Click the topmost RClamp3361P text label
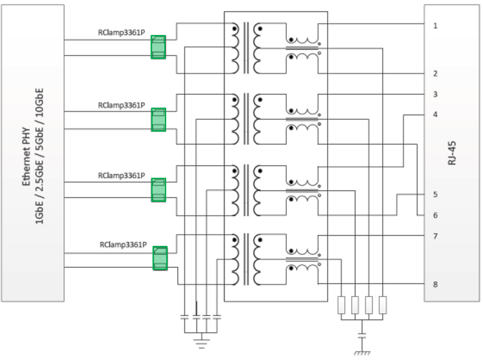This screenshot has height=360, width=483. point(121,32)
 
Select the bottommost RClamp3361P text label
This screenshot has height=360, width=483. point(123,245)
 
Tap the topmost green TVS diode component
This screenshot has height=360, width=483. point(158,47)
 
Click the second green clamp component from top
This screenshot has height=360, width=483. point(158,120)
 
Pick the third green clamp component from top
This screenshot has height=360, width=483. point(158,190)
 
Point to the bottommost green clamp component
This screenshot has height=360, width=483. point(160,258)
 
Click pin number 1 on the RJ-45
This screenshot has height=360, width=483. point(435,26)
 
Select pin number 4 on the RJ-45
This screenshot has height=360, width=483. point(435,114)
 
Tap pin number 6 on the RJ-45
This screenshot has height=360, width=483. point(435,215)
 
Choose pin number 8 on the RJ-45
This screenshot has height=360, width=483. point(435,285)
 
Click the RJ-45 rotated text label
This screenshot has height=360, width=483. point(452,153)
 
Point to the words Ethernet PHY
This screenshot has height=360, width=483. point(27,156)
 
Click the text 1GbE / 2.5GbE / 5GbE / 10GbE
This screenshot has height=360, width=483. point(39,156)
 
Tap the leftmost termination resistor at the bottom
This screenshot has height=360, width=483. point(341,305)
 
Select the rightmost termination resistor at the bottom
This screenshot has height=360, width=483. point(382,305)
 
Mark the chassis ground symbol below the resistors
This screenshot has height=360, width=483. point(362,353)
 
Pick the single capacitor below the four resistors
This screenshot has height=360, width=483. point(362,335)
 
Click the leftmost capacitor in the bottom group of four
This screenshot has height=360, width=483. point(184,317)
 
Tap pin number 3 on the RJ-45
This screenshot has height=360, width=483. point(435,95)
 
